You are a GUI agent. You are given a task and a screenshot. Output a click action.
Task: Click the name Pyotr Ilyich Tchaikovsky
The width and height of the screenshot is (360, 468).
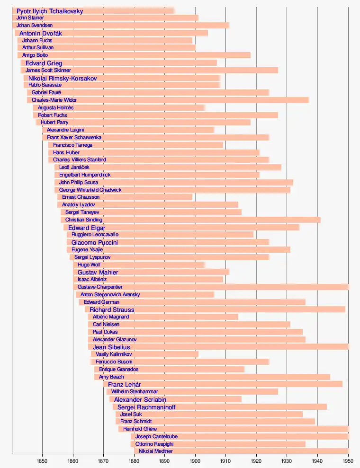[x=50, y=10]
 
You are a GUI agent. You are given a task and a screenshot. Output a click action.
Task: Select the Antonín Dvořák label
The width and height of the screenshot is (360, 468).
[x=41, y=33]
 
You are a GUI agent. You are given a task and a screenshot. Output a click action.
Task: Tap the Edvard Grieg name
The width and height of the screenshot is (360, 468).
[x=44, y=63]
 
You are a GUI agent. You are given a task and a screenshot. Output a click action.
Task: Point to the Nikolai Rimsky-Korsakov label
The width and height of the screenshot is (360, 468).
[x=63, y=78]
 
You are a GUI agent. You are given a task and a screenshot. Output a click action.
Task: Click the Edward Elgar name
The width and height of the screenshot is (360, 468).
[x=87, y=228]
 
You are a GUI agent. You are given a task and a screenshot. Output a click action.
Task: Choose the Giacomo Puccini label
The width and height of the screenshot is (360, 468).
[x=94, y=242]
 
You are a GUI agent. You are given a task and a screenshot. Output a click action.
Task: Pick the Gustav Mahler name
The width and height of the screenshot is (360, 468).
[x=98, y=272]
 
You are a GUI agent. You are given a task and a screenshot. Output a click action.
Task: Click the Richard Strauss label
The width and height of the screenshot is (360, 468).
[x=112, y=310]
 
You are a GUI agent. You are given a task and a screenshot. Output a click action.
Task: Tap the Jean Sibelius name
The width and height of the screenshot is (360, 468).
[x=111, y=347]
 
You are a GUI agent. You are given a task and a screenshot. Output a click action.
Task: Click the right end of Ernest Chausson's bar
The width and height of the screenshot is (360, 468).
[x=192, y=197]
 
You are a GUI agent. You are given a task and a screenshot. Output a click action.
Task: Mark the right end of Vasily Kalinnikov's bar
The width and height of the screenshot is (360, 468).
[x=198, y=354]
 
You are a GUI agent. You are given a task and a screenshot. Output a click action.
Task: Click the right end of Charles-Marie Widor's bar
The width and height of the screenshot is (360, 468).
[x=309, y=100]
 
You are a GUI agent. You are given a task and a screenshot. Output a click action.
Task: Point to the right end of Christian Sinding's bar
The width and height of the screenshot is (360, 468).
[x=320, y=220]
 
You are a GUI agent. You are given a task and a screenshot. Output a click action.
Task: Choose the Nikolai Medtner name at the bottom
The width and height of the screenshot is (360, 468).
[x=155, y=451]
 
